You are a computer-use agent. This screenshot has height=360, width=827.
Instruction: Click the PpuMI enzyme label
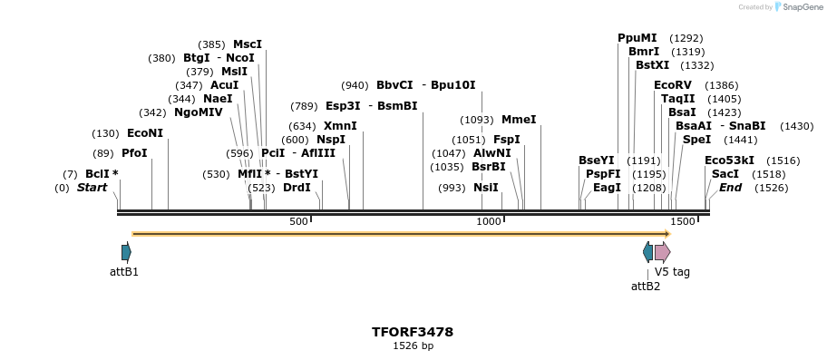coord(637,38)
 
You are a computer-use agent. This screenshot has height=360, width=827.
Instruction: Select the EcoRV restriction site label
coord(672,85)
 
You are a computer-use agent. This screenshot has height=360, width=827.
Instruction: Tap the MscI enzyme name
coord(247,44)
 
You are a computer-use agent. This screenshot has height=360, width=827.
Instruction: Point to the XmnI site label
coord(340,126)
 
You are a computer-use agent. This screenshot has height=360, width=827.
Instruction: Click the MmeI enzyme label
coord(519,120)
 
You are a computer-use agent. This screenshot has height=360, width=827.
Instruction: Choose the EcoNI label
coord(145,133)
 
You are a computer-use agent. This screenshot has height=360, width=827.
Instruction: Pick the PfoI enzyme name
coord(134,153)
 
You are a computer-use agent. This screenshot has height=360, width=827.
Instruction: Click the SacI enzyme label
coord(725,174)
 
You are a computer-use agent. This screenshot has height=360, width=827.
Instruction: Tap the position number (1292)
coord(686,38)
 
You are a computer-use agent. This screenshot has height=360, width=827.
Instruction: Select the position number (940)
coord(355,85)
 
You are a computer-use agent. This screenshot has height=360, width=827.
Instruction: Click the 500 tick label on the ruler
coord(298,222)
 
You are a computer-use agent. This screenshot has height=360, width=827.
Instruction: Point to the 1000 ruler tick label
coord(489,222)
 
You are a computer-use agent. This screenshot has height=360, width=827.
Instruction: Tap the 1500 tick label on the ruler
coord(683,222)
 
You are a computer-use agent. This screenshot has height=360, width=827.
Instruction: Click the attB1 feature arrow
coord(126,252)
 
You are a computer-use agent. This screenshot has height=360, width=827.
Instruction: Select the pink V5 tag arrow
coord(663,252)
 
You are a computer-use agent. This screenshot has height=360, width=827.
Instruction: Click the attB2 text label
coord(646,286)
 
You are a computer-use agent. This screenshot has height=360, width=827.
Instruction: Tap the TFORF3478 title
coord(413,333)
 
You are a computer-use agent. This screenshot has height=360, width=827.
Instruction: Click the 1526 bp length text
coord(413,346)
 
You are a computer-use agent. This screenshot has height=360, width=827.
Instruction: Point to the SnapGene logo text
coord(800,7)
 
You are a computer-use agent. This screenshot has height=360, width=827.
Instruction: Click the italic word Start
coord(92,188)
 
